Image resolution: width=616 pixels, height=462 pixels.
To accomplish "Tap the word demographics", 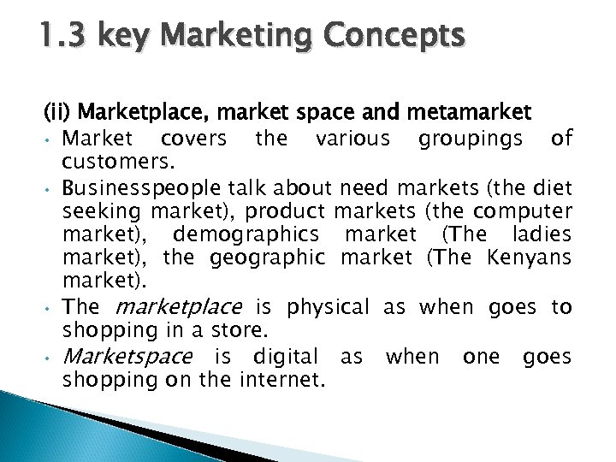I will tap(246, 234).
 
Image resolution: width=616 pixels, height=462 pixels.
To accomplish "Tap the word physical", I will tap(329, 307).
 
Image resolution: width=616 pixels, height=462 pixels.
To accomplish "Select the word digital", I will tap(288, 356).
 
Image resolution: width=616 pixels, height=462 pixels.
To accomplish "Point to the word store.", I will tap(219, 331).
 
